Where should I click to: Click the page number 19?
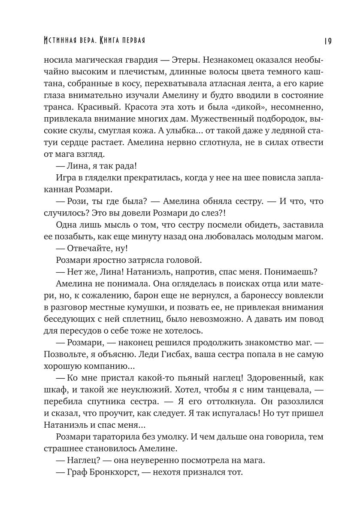point(327,41)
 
